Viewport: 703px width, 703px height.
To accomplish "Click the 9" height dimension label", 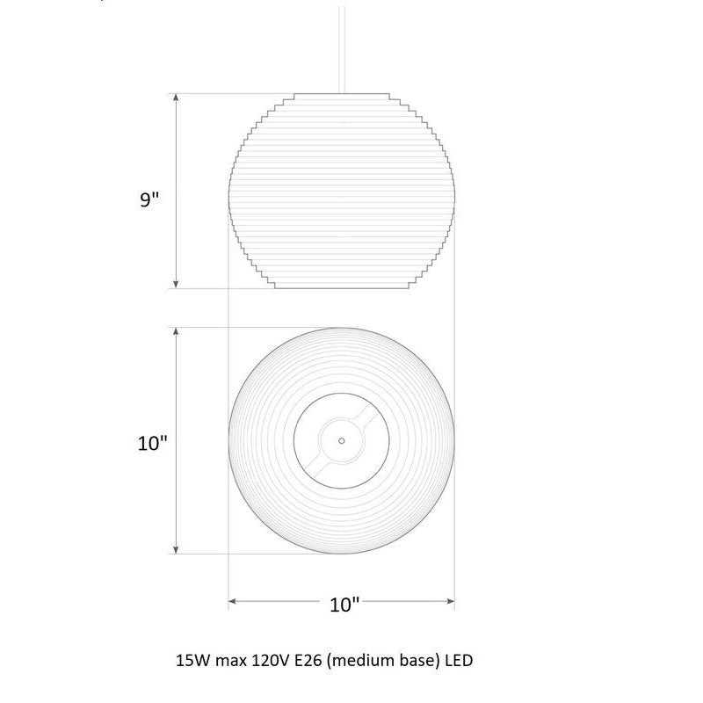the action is click(149, 199).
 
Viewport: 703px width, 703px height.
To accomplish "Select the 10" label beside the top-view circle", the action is click(152, 443).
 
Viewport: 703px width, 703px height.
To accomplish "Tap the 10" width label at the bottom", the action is click(344, 605).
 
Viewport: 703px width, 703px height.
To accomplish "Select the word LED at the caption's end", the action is click(459, 661).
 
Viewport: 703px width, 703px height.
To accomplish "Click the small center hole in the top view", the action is click(342, 441).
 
